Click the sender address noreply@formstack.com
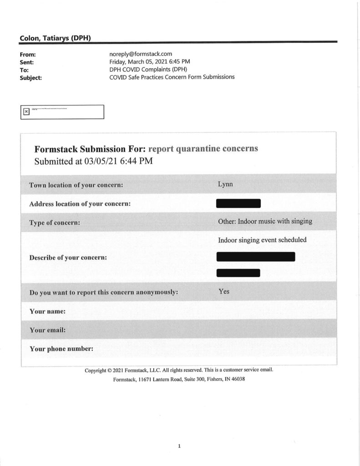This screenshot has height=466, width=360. [141, 54]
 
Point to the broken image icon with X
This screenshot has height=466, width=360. [26, 111]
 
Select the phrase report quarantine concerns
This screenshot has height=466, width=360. [203, 149]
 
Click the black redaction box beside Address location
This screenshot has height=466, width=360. [238, 203]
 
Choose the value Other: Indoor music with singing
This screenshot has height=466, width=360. [265, 221]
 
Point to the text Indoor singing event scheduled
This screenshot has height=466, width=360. [262, 240]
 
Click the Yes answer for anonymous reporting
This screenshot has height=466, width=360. [224, 291]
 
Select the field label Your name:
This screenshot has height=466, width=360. [47, 312]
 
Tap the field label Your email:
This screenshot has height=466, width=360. [47, 330]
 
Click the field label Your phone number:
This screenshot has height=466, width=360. [61, 349]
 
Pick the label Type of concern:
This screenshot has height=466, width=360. [55, 223]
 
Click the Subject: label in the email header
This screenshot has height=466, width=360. [31, 77]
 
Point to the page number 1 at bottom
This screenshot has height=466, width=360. [179, 446]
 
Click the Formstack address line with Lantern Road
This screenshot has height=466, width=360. [179, 380]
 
